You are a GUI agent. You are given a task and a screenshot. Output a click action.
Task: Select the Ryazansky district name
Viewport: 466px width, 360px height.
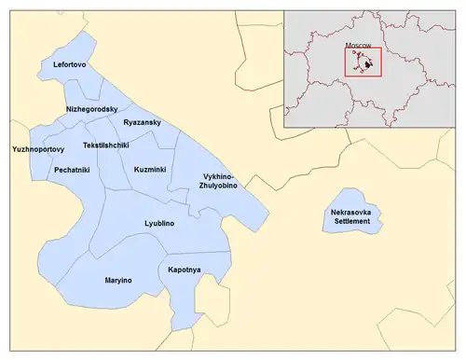[144, 122]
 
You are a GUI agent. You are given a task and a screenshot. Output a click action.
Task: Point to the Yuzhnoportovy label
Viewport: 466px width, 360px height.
[37, 149]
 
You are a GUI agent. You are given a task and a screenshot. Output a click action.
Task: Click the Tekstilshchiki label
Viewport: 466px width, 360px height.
[105, 145]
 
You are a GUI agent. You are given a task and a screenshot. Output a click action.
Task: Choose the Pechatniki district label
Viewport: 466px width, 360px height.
[72, 171]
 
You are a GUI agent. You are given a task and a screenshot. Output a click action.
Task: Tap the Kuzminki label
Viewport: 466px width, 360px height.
[150, 170]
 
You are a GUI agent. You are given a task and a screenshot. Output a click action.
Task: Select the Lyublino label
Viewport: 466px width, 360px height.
[159, 224]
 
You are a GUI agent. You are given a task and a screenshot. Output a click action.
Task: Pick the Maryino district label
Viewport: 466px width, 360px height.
[118, 280]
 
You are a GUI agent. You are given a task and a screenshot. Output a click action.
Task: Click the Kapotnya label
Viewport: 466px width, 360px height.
[185, 270]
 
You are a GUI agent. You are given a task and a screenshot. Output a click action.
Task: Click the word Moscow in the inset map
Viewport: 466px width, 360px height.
[358, 45]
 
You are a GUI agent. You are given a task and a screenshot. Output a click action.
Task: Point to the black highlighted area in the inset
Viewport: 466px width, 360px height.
[369, 65]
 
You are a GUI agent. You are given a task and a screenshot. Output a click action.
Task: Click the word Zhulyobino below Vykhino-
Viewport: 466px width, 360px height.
[218, 186]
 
